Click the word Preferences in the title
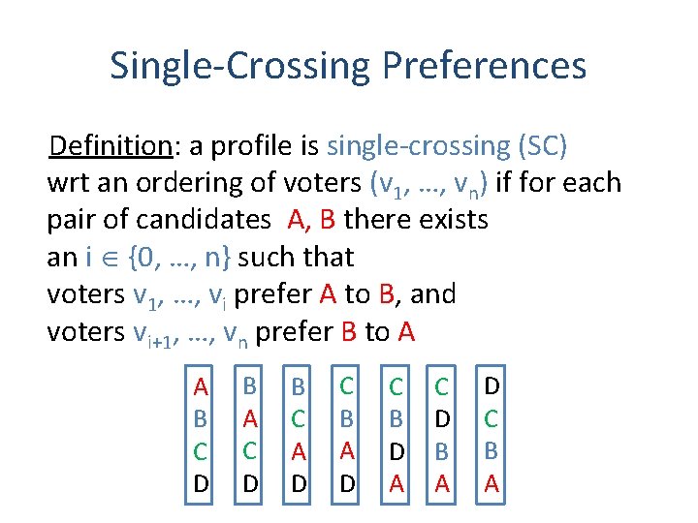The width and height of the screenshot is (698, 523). pyautogui.click(x=485, y=66)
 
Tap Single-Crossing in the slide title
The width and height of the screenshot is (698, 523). pyautogui.click(x=239, y=66)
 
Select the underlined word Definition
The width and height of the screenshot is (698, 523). pyautogui.click(x=111, y=145)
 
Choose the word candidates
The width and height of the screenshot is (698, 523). pyautogui.click(x=209, y=220)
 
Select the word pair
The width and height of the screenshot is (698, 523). pyautogui.click(x=72, y=220)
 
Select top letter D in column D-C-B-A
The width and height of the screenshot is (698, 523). pyautogui.click(x=492, y=386)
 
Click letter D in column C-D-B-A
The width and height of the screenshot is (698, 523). pyautogui.click(x=442, y=419)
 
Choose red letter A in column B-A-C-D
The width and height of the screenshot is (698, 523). pyautogui.click(x=249, y=419)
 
